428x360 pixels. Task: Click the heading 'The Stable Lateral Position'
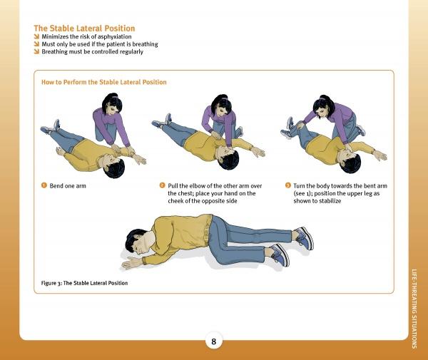coord(84,29)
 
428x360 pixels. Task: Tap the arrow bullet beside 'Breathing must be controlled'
coord(36,51)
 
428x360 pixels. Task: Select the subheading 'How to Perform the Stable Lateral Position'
coord(103,82)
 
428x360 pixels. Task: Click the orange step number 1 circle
coord(44,185)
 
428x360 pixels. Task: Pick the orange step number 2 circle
coord(162,185)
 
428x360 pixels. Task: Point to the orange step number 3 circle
coord(287,185)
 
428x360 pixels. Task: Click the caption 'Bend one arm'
coord(68,186)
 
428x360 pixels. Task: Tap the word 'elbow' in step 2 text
coord(197,186)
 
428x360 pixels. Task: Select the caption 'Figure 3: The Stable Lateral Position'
coord(84,283)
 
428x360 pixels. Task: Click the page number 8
coord(214,341)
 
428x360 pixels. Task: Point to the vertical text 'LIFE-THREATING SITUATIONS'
coord(414,309)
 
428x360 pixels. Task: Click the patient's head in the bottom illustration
coord(138,241)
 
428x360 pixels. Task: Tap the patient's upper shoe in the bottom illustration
coord(305,238)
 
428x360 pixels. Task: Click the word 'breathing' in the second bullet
coord(145,44)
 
